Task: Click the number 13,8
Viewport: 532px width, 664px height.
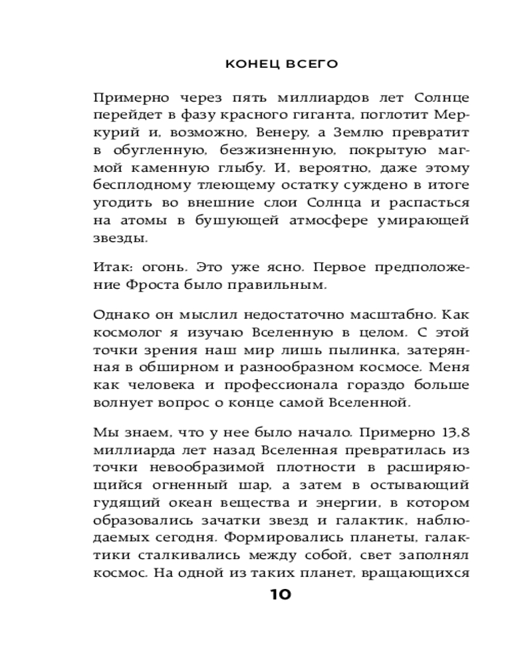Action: point(455,433)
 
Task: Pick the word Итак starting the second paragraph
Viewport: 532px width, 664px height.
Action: point(112,268)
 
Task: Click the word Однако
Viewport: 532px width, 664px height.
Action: point(120,315)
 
